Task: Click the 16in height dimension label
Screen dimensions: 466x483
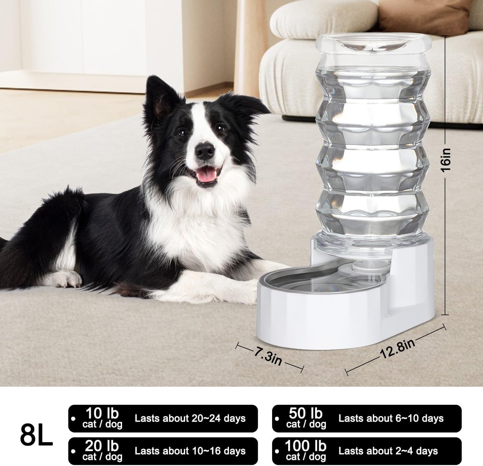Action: (445, 160)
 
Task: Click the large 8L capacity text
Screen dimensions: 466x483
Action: (36, 435)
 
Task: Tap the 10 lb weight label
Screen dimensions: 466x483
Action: (102, 414)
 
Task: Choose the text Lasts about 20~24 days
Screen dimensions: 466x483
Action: (190, 418)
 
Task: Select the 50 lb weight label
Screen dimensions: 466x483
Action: (306, 414)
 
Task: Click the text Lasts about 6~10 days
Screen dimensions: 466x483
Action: (391, 418)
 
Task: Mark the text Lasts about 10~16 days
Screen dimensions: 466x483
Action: (190, 451)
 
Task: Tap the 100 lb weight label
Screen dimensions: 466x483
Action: (305, 446)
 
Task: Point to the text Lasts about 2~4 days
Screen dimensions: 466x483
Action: (388, 451)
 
